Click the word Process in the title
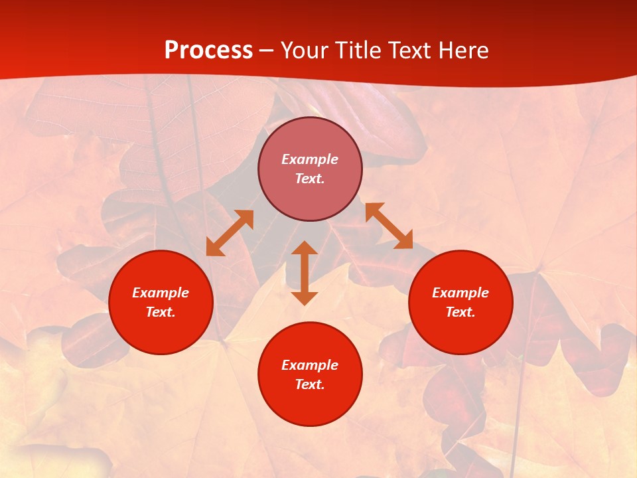(x=208, y=50)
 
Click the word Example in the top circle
(x=310, y=159)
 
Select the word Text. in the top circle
(x=310, y=179)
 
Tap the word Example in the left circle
(x=161, y=293)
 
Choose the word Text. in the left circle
(x=161, y=312)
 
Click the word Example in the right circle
(x=460, y=293)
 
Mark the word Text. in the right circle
(x=460, y=312)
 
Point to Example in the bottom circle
(x=310, y=365)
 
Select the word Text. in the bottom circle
(x=310, y=384)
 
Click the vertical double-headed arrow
(x=305, y=273)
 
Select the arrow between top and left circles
(x=230, y=233)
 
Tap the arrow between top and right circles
(x=389, y=226)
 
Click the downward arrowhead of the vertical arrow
(x=305, y=297)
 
